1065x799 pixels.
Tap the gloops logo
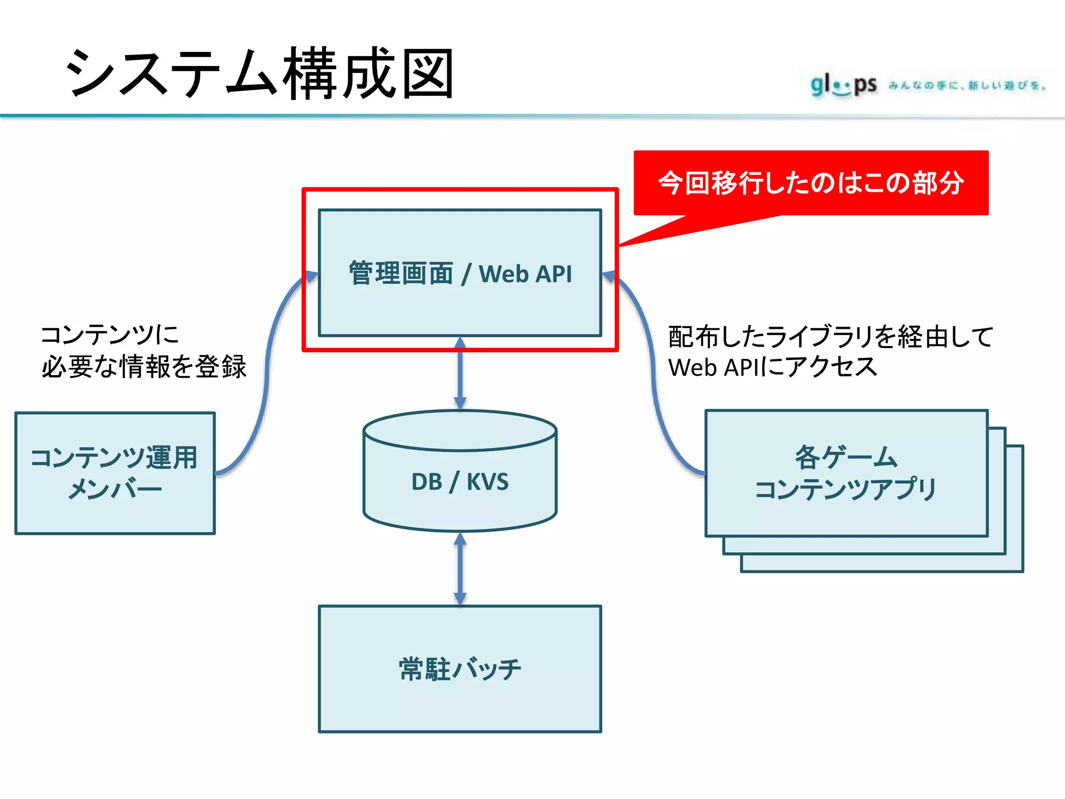point(843,85)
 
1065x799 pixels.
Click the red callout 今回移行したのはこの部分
point(811,183)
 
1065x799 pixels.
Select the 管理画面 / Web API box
point(460,312)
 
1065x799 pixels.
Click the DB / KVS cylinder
point(460,499)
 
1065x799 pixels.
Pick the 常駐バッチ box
point(460,697)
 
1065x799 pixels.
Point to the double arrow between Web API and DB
point(460,373)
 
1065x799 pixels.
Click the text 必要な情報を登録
point(144,367)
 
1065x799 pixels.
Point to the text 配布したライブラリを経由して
point(830,337)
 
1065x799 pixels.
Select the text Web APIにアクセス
point(773,367)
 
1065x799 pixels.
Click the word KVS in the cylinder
point(487,482)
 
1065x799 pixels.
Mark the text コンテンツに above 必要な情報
point(110,334)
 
